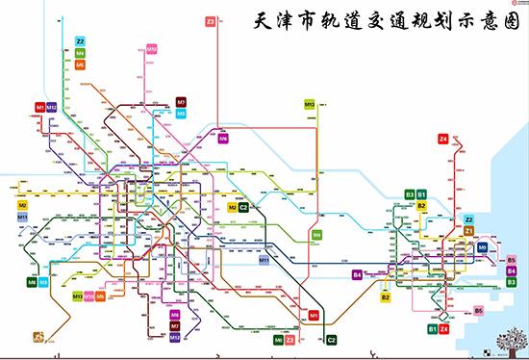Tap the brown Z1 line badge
(x=468, y=231)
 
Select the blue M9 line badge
(x=483, y=246)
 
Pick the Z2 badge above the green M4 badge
(x=80, y=41)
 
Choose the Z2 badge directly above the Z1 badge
(x=468, y=220)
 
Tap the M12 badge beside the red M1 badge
(x=52, y=107)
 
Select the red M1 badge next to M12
(x=40, y=107)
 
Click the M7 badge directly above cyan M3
(x=181, y=102)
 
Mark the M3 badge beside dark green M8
(x=43, y=282)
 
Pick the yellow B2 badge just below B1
(x=421, y=205)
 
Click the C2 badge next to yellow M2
(x=243, y=207)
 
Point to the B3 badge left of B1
(x=410, y=194)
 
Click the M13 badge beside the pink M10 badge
(x=77, y=296)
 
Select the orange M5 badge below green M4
(x=80, y=64)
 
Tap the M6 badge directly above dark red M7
(x=174, y=315)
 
